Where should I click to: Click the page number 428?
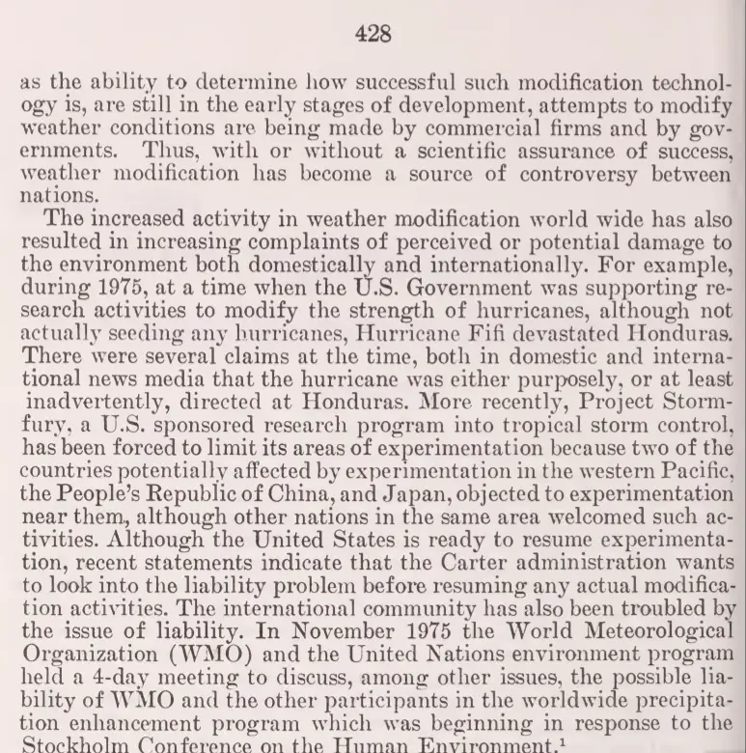point(373,35)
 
